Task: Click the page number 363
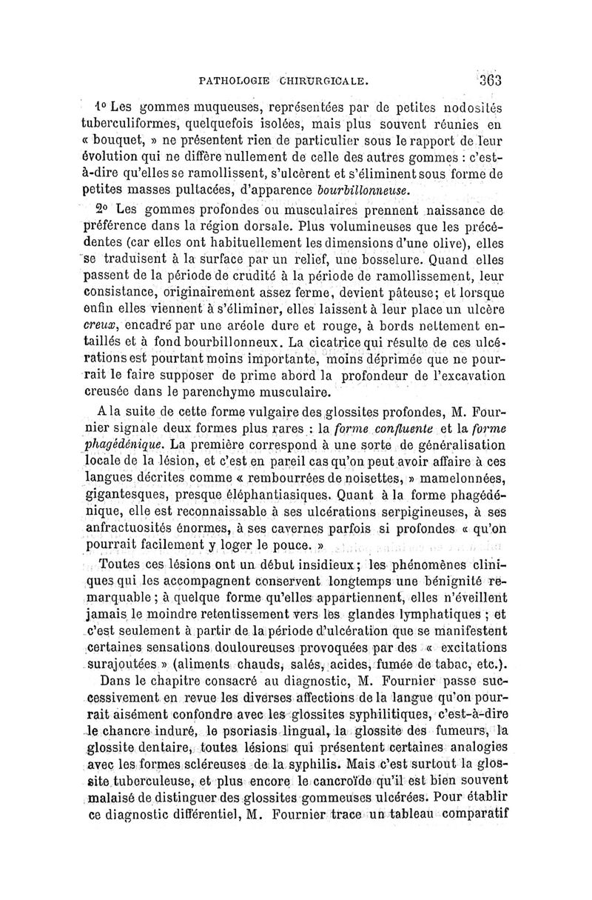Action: point(488,80)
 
